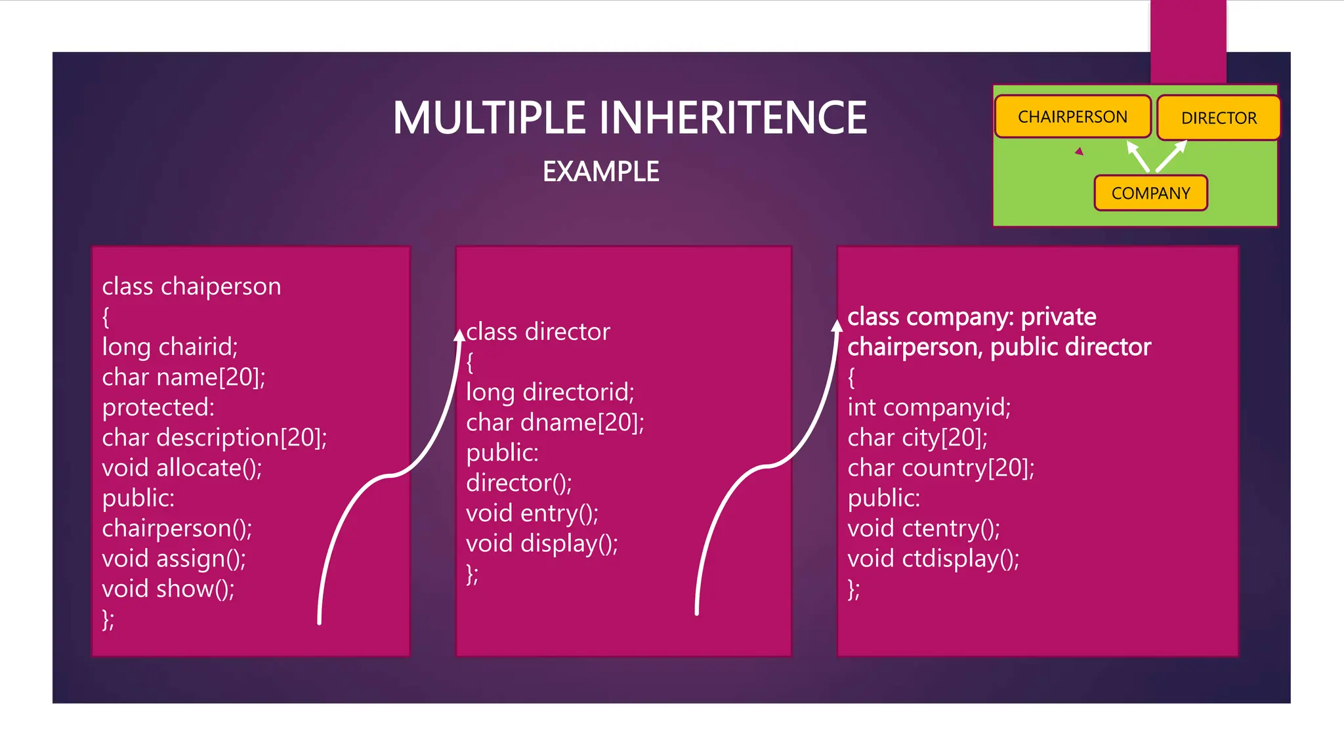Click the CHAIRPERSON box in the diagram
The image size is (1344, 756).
click(x=1072, y=117)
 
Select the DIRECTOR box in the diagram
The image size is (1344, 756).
click(x=1218, y=118)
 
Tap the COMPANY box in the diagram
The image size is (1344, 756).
click(x=1150, y=193)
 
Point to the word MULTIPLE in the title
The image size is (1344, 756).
click(x=488, y=118)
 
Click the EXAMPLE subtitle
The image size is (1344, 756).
click(x=600, y=172)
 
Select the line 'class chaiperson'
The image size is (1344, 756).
click(x=192, y=287)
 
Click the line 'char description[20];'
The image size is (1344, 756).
click(x=215, y=438)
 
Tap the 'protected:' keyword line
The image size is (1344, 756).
click(x=158, y=408)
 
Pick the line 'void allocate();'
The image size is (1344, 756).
click(x=182, y=468)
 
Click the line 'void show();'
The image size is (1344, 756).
click(x=168, y=589)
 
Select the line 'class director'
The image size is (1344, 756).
click(x=538, y=332)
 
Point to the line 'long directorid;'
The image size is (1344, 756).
click(x=550, y=392)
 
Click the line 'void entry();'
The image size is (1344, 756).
click(x=532, y=513)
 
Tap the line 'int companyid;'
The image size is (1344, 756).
click(x=929, y=408)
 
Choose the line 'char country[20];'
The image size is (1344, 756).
click(x=940, y=468)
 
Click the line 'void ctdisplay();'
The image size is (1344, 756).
click(x=933, y=558)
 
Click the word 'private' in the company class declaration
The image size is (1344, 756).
click(x=1059, y=317)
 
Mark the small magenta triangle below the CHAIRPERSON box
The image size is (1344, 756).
click(x=1080, y=152)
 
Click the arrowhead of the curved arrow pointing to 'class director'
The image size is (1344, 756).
click(x=460, y=335)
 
